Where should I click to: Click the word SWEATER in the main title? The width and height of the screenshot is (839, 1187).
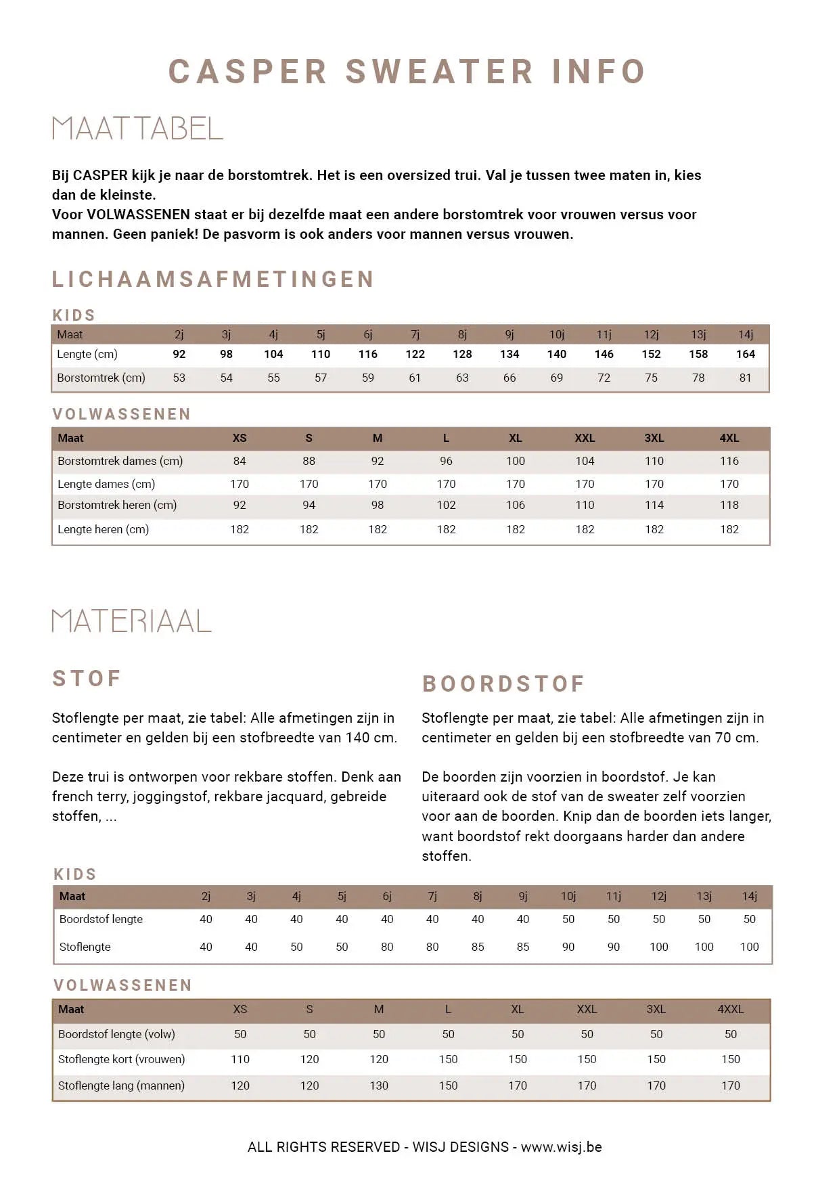tap(439, 72)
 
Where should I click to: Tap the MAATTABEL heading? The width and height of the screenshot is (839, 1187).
tap(137, 129)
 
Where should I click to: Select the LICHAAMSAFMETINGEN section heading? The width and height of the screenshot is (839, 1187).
tap(213, 279)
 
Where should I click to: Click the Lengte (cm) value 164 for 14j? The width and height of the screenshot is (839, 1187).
tap(745, 354)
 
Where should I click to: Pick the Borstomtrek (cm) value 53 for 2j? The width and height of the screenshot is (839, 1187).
tap(179, 378)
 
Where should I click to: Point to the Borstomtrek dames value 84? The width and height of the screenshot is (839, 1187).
tap(240, 461)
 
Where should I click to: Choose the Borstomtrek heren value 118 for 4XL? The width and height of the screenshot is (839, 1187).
tap(729, 505)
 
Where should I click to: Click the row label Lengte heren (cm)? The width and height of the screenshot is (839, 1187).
tap(103, 529)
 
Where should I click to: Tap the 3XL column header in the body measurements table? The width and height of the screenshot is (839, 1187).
tap(654, 438)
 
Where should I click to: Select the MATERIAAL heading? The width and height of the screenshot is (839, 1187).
tap(132, 621)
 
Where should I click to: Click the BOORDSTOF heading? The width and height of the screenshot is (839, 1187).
tap(503, 684)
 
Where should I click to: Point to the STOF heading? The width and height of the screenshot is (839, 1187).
tap(87, 678)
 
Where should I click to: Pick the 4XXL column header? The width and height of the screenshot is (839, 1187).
tap(730, 1009)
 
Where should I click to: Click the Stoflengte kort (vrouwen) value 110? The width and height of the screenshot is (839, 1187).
tap(240, 1059)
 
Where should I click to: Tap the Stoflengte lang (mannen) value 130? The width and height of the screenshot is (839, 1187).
tap(379, 1085)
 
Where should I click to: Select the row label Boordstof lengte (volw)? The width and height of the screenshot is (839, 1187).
tap(116, 1034)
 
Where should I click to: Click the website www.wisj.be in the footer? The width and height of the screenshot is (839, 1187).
tap(561, 1146)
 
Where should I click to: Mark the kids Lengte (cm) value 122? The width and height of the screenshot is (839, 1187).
tap(415, 354)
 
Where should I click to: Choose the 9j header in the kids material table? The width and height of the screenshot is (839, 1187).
tap(523, 896)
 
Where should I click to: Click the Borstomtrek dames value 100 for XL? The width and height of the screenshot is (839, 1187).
tap(515, 461)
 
